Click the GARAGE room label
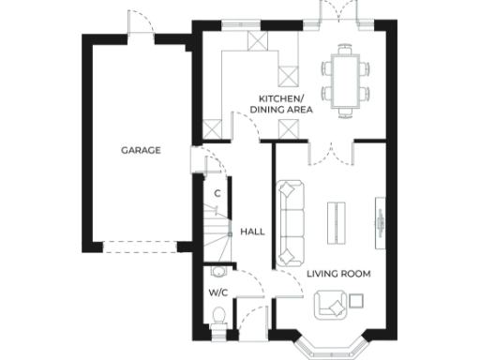[x=140, y=150]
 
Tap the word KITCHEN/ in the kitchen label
[x=281, y=98]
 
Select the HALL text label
[x=251, y=231]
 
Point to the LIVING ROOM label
[x=338, y=274]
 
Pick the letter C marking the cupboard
[x=217, y=193]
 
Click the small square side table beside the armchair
[x=356, y=300]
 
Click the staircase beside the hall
[x=218, y=235]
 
